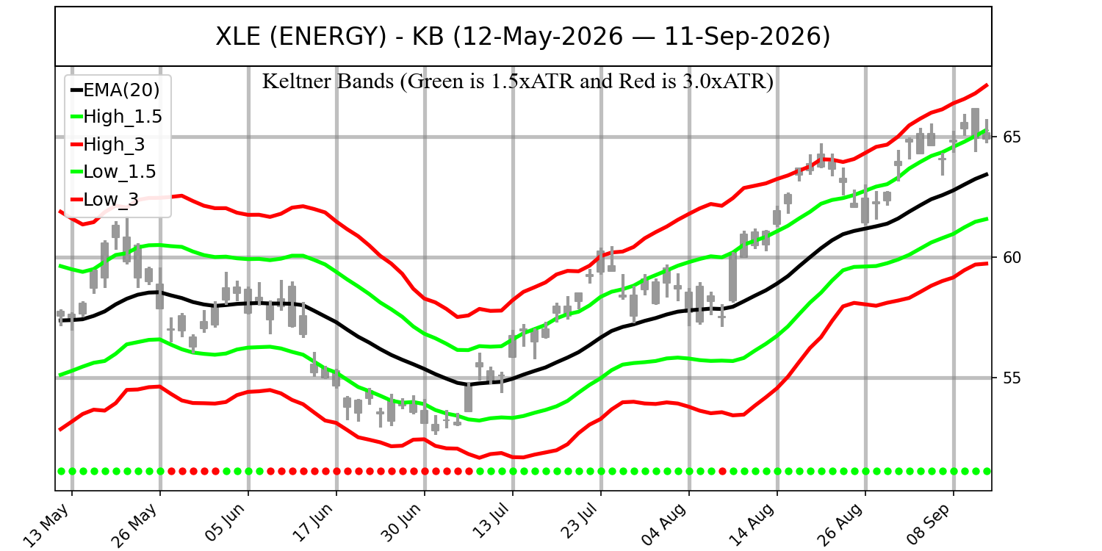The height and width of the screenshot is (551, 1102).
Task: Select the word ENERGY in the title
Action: (328, 37)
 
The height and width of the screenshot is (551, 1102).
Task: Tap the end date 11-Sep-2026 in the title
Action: (742, 37)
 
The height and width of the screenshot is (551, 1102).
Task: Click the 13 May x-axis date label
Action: (47, 525)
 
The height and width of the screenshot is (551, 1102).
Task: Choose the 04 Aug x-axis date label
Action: (664, 525)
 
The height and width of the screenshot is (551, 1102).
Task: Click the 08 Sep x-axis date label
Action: (929, 525)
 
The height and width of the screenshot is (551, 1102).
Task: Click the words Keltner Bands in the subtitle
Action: (328, 81)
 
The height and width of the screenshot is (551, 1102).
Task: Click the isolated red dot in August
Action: (722, 472)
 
